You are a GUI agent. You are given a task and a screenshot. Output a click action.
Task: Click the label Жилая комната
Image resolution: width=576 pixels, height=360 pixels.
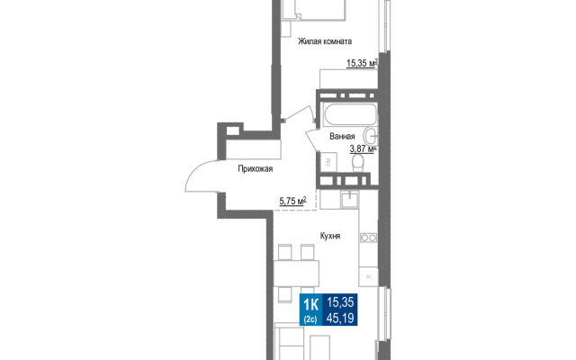pyautogui.click(x=325, y=41)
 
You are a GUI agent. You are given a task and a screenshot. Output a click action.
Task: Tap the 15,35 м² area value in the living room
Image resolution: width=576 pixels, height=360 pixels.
pyautogui.click(x=362, y=63)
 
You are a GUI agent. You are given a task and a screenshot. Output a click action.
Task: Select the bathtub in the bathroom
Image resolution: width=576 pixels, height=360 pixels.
pyautogui.click(x=350, y=114)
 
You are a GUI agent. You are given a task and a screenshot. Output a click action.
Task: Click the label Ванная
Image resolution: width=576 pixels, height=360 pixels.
pyautogui.click(x=342, y=136)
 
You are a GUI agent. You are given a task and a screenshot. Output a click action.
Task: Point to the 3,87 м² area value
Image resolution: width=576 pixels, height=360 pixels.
pyautogui.click(x=363, y=148)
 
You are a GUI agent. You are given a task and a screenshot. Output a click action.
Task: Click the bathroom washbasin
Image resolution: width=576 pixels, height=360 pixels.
pyautogui.click(x=371, y=136)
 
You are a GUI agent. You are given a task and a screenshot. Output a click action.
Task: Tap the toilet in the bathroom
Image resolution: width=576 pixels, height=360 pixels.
pyautogui.click(x=358, y=163)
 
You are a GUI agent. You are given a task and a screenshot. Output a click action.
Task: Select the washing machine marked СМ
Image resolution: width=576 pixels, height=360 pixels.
pyautogui.click(x=328, y=162)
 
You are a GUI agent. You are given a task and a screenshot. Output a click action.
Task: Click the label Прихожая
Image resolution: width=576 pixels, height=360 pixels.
pyautogui.click(x=256, y=168)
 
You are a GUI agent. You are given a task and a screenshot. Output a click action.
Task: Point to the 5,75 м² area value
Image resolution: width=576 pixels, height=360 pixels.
pyautogui.click(x=292, y=201)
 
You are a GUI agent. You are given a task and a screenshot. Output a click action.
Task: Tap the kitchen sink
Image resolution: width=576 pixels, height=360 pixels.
pyautogui.click(x=349, y=200)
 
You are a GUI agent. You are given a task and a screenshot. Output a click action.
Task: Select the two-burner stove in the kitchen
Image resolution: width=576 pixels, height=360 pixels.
pyautogui.click(x=368, y=238)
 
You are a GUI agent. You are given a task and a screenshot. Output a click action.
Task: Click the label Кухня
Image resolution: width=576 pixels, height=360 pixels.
pyautogui.click(x=330, y=236)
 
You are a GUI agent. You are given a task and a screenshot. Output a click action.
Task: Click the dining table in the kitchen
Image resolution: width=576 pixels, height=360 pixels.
pyautogui.click(x=296, y=273)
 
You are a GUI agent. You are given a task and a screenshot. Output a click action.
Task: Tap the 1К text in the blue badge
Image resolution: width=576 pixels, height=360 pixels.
pyautogui.click(x=310, y=304)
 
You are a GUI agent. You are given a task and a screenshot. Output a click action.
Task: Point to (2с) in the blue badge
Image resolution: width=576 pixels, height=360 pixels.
pyautogui.click(x=310, y=319)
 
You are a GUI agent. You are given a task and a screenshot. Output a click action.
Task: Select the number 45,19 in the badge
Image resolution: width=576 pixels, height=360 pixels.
pyautogui.click(x=340, y=318)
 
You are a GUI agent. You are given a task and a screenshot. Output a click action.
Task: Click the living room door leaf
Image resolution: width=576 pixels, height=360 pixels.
pyautogui.click(x=299, y=112)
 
